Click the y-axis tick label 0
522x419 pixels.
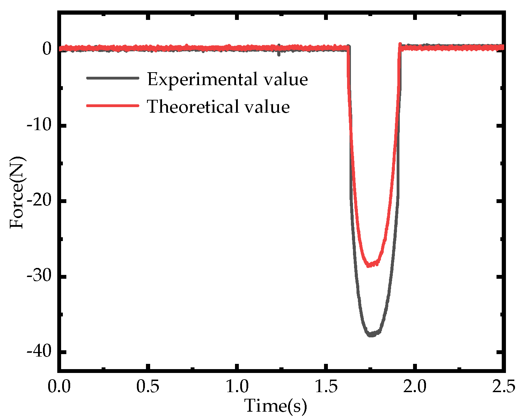click(47, 49)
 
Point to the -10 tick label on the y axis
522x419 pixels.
click(39, 125)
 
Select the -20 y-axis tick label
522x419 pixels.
click(39, 201)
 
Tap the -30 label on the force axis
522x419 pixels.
click(39, 276)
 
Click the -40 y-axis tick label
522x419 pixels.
click(39, 352)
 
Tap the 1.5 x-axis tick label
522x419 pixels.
click(326, 387)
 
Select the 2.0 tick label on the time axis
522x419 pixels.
click(414, 387)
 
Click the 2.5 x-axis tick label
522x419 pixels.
click(503, 387)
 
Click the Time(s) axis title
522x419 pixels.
click(275, 406)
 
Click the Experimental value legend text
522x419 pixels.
click(227, 79)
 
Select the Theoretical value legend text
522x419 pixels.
click(218, 106)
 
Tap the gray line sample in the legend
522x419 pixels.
click(112, 78)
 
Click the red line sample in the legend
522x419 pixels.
click(112, 105)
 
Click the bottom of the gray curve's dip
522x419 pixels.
click(371, 335)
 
